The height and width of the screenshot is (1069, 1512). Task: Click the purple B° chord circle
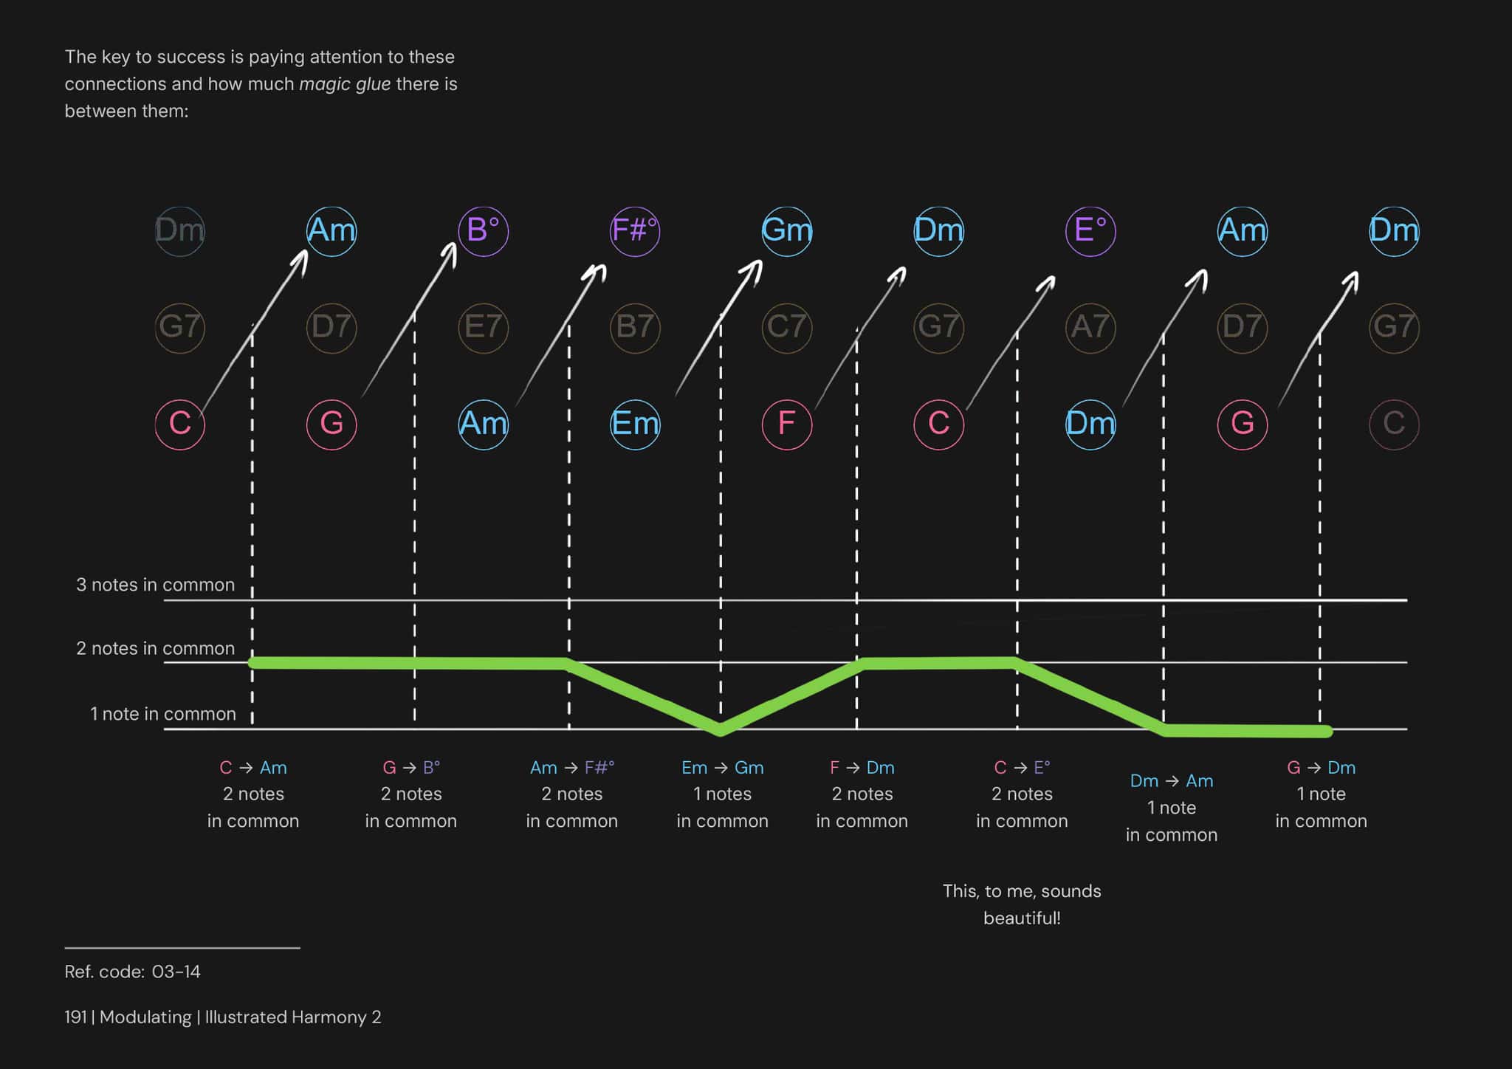coord(483,231)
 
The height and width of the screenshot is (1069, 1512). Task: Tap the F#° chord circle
coord(635,231)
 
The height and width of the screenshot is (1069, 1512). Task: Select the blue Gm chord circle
coord(787,231)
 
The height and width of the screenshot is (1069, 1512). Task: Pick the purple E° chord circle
coord(1090,231)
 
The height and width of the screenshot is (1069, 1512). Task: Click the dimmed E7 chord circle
coord(483,327)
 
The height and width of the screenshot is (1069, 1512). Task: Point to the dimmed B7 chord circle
coord(635,327)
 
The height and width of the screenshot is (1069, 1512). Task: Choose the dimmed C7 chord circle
coord(787,327)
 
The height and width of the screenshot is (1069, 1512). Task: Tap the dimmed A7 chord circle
coord(1090,327)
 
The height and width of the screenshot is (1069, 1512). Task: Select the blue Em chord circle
coord(635,424)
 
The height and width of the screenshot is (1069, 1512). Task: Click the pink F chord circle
coord(787,424)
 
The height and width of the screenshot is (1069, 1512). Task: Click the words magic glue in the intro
coord(345,84)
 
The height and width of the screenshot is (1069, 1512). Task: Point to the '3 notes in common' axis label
coord(155,585)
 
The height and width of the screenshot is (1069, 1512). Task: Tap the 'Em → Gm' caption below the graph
coord(722,768)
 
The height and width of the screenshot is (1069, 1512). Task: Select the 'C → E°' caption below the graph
coord(1022,768)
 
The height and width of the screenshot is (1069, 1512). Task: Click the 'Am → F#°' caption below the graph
coord(572,768)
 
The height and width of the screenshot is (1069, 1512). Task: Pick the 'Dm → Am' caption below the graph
coord(1172,781)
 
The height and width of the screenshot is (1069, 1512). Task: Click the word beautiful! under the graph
coord(1022,918)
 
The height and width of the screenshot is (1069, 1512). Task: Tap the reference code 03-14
coord(176,972)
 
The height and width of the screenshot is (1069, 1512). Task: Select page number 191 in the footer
coord(75,1017)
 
